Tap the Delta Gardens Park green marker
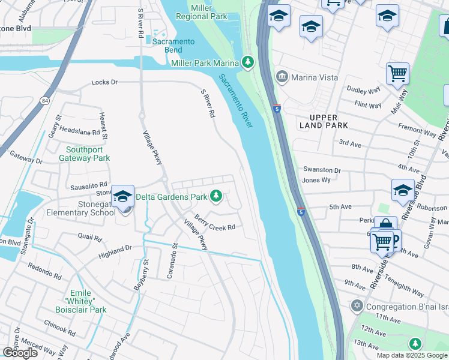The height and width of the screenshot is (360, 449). [x=216, y=196]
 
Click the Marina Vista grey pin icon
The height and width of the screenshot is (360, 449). [x=282, y=77]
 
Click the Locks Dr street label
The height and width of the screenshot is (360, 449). [x=104, y=82]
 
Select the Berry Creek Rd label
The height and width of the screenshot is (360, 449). [x=214, y=223]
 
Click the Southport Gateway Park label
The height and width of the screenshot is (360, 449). [x=85, y=154]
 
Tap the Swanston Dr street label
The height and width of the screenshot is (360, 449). [x=322, y=170]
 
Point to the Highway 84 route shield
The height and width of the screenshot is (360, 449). [x=45, y=100]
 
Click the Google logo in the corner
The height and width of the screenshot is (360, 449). [x=20, y=353]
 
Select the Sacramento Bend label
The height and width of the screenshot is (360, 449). [x=173, y=45]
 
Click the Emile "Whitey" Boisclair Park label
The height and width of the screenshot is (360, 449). [x=84, y=301]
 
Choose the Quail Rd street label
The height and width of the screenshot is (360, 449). [x=91, y=238]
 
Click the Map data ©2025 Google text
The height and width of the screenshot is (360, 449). [x=412, y=355]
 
